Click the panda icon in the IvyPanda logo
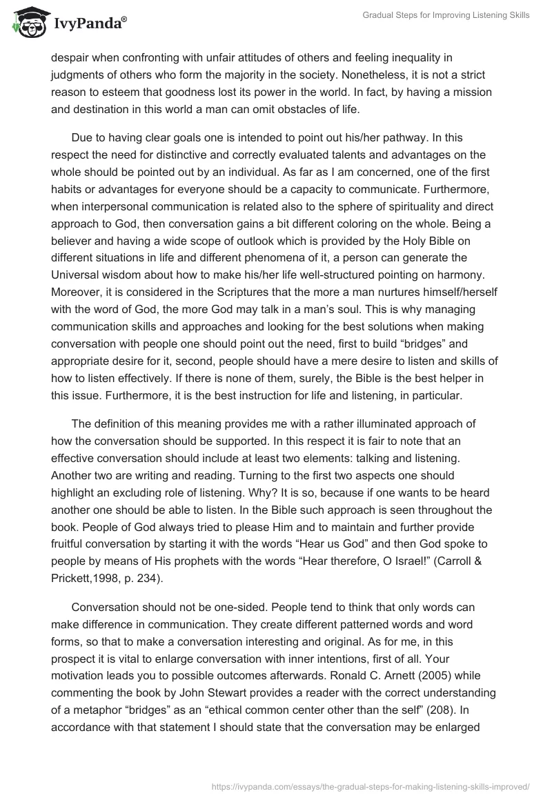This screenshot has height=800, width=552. click(x=25, y=22)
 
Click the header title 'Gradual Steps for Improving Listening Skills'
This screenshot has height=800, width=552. click(x=446, y=16)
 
